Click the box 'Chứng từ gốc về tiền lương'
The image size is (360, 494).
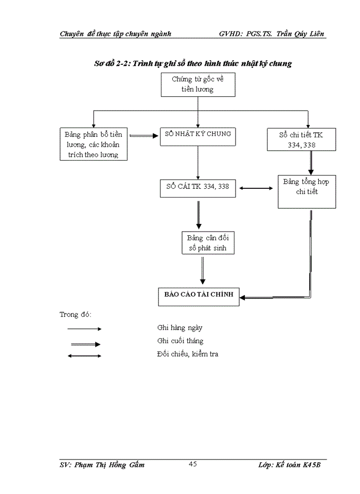click(197, 84)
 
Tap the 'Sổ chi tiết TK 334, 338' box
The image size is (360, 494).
click(301, 139)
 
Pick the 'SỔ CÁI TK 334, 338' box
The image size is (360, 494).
click(197, 187)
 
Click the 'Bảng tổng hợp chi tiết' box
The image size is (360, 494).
click(307, 191)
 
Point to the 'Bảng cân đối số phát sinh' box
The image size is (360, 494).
click(203, 242)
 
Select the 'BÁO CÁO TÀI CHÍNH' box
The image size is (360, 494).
click(199, 295)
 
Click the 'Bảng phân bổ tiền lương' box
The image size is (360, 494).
click(93, 144)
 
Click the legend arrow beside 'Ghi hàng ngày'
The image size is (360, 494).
click(84, 328)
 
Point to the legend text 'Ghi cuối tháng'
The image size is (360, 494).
click(180, 341)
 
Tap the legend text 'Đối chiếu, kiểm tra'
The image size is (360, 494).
click(188, 354)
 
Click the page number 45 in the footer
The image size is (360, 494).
click(193, 464)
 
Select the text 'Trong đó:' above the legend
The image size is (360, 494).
click(76, 314)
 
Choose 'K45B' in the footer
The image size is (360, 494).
click(314, 465)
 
